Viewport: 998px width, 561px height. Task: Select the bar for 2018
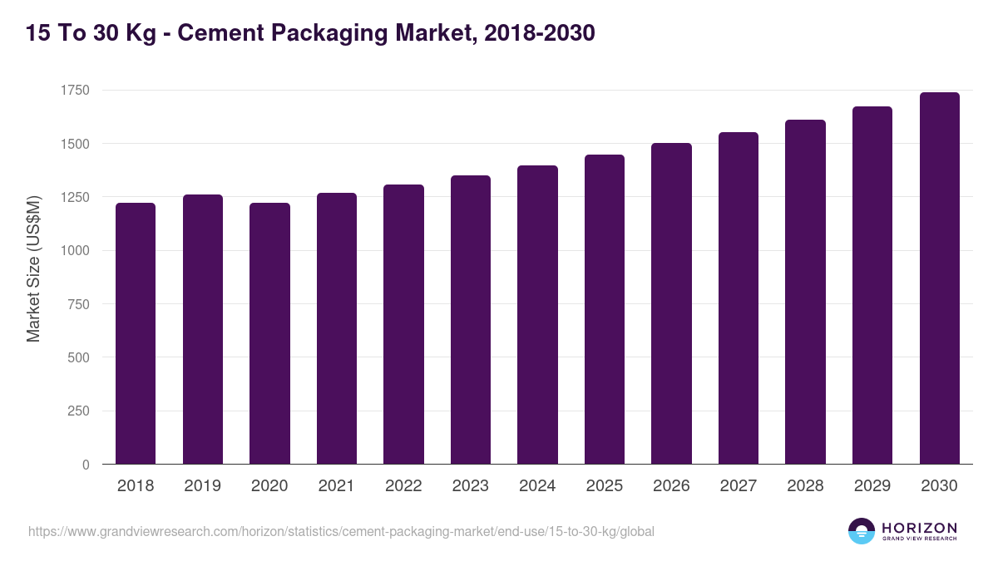coord(136,332)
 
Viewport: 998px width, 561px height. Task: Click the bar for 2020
coord(269,332)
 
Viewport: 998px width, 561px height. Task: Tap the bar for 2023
coord(471,320)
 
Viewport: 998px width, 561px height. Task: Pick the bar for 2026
coord(671,303)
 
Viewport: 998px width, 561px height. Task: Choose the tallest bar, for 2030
coord(939,278)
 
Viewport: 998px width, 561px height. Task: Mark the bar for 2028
coord(805,291)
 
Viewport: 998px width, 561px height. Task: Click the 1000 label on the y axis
coord(76,251)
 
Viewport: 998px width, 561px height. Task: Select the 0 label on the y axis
coord(86,465)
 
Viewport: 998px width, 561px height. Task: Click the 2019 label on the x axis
coord(202,486)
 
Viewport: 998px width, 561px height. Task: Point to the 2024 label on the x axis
coord(537,486)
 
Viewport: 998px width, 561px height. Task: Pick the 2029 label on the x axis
coord(872,486)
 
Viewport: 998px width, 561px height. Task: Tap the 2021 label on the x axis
coord(336,486)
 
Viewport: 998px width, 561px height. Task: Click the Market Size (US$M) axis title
coord(33,268)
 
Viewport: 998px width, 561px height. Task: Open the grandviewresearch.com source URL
coord(341,531)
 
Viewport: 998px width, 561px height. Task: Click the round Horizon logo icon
coord(861,531)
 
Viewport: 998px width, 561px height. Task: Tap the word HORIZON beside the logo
coord(919,528)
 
